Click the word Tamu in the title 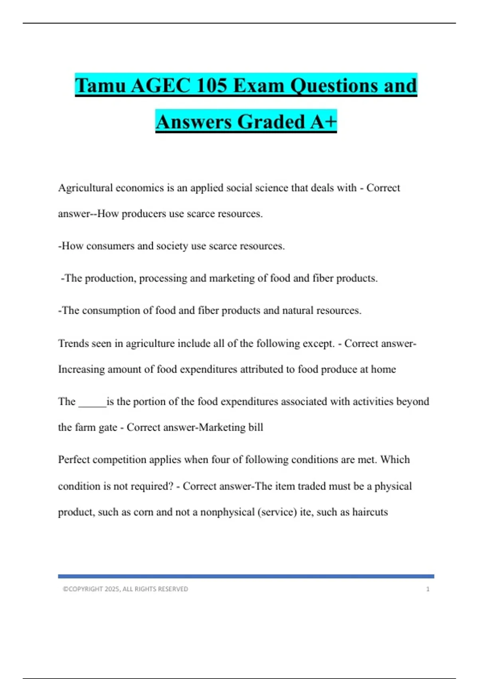pyautogui.click(x=100, y=85)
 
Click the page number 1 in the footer pyautogui.click(x=428, y=589)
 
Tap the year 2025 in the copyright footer pyautogui.click(x=113, y=589)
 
